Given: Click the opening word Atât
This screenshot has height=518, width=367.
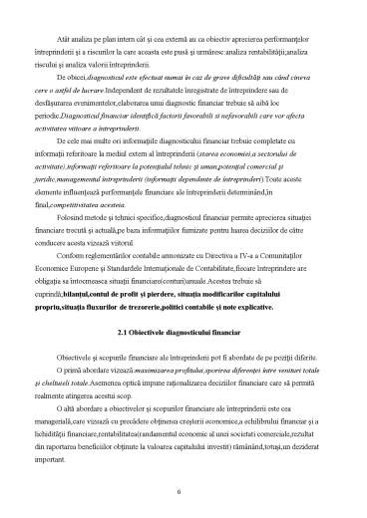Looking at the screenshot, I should pos(71,18).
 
